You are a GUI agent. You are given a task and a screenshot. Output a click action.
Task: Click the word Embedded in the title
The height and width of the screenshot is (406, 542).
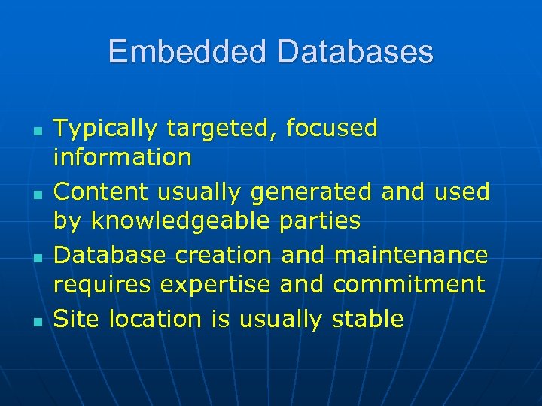[x=188, y=52]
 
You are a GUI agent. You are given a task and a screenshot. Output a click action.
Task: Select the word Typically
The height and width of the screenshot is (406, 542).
[x=106, y=129]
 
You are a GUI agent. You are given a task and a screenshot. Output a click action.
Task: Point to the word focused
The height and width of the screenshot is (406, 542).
[x=331, y=129]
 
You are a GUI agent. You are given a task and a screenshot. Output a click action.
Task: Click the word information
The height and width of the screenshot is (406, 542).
[x=123, y=158]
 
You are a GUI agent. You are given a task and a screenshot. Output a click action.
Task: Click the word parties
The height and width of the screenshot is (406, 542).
[x=320, y=222]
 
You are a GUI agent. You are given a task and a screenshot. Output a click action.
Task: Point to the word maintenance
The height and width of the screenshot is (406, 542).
[x=410, y=256]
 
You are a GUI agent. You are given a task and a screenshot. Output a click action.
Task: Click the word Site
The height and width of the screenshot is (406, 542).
[x=78, y=319]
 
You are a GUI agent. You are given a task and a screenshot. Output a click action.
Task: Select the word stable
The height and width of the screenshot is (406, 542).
[x=367, y=319]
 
